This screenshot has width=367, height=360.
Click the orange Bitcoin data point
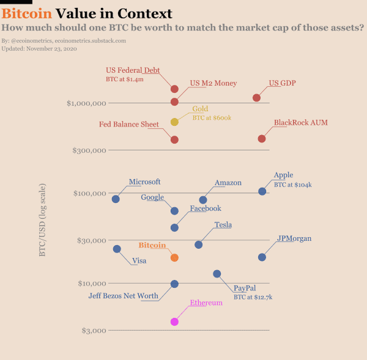coord(174,258)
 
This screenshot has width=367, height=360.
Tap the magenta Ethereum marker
coord(174,321)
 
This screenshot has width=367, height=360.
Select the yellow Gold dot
coord(174,122)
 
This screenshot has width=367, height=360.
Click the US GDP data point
coord(257,98)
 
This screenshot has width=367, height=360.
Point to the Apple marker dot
coord(262,191)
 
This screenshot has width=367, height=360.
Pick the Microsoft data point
coord(116,199)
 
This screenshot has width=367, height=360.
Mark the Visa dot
coord(117,249)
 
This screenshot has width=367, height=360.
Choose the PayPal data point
coord(217,274)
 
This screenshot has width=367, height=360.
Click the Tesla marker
coord(198,244)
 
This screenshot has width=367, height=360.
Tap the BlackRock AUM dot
coord(262,139)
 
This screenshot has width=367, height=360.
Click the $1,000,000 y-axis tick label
coord(86,103)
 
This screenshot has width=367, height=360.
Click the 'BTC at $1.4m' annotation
coord(125,79)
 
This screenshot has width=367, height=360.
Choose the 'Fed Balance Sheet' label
coord(129,124)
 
